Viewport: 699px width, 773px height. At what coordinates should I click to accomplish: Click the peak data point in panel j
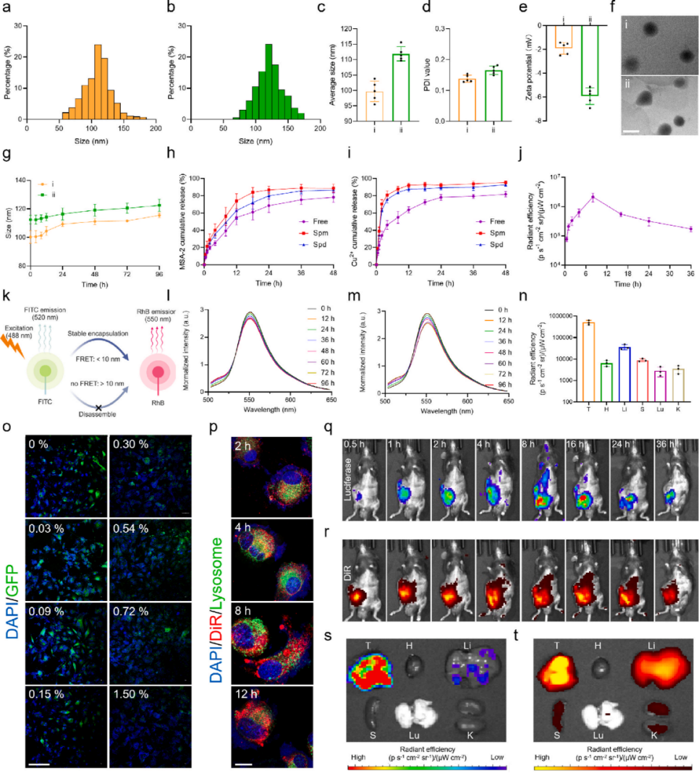pyautogui.click(x=593, y=197)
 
